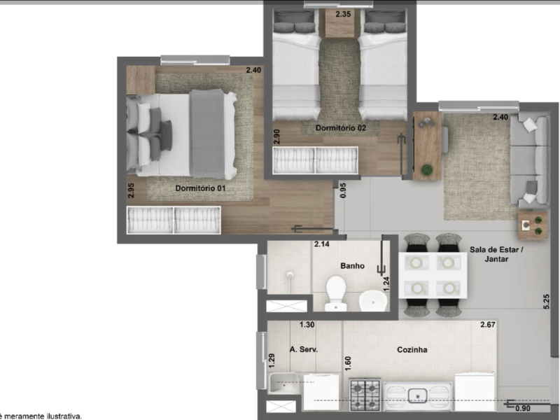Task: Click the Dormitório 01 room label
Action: (200, 188)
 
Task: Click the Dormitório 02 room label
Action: (341, 128)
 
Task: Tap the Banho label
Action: (352, 266)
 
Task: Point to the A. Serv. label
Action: (303, 350)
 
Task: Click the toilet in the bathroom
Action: (336, 292)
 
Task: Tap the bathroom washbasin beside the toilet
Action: (372, 300)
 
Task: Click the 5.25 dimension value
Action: (547, 300)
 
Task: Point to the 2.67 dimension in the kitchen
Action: (487, 325)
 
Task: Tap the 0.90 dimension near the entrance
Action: (522, 409)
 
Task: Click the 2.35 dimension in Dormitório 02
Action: (343, 14)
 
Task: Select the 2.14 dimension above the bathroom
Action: (321, 244)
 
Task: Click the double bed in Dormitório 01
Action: (181, 134)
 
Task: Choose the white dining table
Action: (433, 275)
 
